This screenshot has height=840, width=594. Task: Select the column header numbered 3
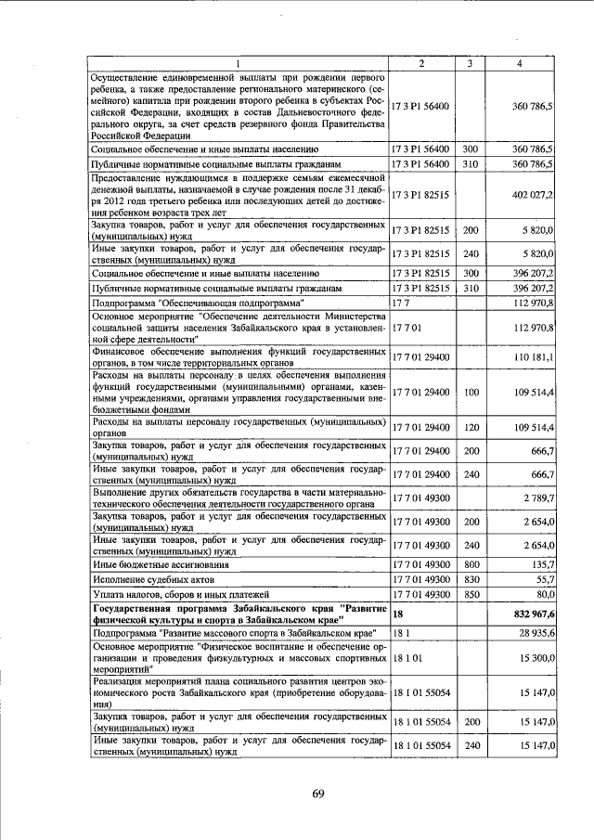click(471, 63)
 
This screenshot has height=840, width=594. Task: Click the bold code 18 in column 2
click(399, 614)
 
